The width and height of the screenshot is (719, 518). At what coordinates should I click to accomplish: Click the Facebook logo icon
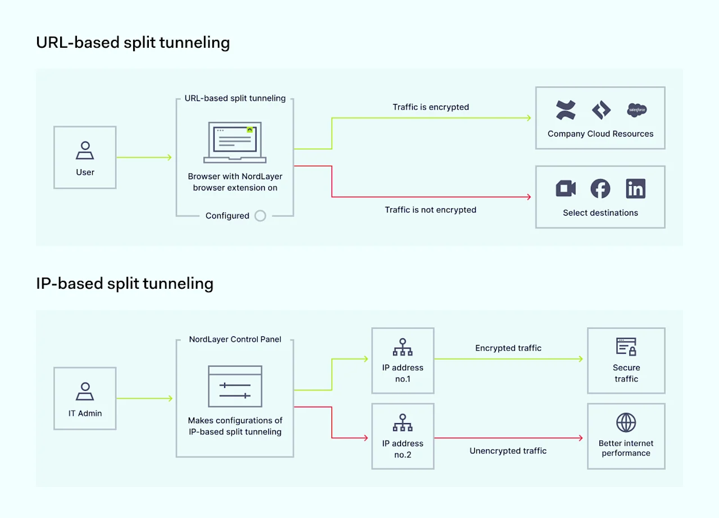click(x=600, y=189)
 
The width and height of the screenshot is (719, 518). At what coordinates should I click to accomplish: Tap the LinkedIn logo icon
click(x=635, y=189)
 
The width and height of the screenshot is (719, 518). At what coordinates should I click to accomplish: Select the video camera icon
click(x=566, y=189)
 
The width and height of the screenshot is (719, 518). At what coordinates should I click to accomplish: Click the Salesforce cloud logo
click(x=637, y=110)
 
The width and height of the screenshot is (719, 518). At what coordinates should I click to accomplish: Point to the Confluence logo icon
click(x=566, y=110)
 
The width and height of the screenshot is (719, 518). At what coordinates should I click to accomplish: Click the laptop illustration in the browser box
click(x=235, y=143)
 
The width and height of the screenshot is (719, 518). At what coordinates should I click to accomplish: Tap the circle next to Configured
click(x=260, y=216)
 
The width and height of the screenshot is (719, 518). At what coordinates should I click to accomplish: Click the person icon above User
click(x=85, y=151)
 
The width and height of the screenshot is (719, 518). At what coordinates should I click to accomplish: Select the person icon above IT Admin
click(x=85, y=392)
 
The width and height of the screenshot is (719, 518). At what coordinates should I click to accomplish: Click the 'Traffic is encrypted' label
click(x=431, y=107)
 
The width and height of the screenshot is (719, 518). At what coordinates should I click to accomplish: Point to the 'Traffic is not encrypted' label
click(x=430, y=210)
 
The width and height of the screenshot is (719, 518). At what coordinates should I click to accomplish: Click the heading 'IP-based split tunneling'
click(x=125, y=283)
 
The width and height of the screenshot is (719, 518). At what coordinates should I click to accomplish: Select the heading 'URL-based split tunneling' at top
click(x=133, y=43)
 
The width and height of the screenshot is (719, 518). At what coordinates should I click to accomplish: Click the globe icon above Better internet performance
click(x=626, y=422)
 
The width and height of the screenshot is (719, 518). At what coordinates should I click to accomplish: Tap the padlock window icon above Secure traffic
click(x=626, y=347)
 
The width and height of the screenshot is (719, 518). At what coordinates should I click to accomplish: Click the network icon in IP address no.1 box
click(x=403, y=347)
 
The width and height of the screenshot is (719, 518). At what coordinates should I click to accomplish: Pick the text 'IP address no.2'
click(x=403, y=449)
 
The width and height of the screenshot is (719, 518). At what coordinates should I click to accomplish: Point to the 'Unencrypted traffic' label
click(x=508, y=451)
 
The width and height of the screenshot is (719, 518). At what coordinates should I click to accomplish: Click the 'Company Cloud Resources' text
click(x=600, y=134)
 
